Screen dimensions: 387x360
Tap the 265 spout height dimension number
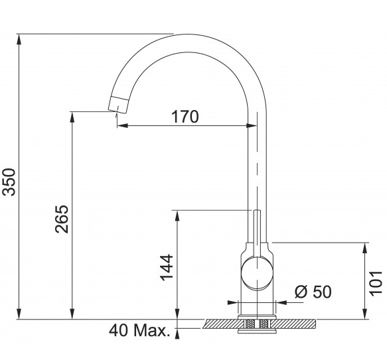pos(62,219)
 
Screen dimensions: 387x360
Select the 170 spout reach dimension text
pos(185,117)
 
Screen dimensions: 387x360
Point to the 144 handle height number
pos(167,267)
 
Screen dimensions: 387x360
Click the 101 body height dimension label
pos(376,282)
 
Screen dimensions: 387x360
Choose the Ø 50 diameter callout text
pos(313,292)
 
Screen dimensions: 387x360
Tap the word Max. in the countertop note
pos(152,330)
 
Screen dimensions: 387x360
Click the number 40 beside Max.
pos(118,330)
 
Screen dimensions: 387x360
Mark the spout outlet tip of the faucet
pos(117,111)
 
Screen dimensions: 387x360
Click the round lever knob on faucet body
pos(257,273)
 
